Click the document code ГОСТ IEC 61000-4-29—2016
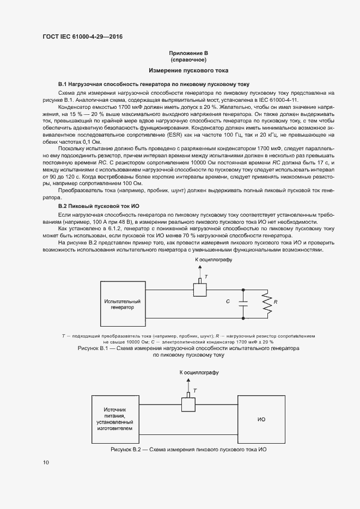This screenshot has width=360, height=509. tap(82, 36)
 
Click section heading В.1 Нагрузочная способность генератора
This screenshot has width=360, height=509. tap(154, 85)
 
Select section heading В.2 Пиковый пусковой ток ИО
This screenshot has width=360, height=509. tap(99, 207)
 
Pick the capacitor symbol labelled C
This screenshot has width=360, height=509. tap(243, 301)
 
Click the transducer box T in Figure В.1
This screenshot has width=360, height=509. tap(199, 289)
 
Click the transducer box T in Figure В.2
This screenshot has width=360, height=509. tap(188, 404)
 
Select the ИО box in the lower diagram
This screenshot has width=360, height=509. tap(261, 420)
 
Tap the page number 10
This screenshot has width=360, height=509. tap(46, 463)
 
